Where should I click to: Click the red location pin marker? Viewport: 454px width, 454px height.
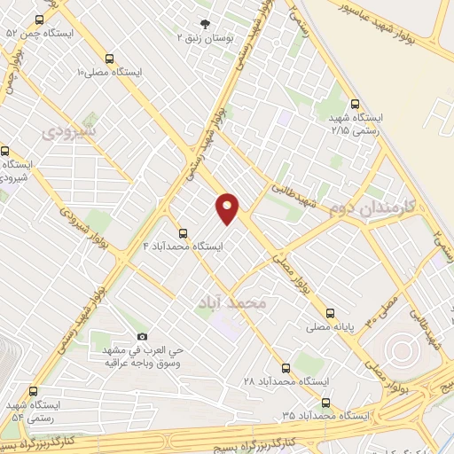(x=228, y=209)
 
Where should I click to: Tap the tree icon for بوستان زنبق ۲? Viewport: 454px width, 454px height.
(x=207, y=25)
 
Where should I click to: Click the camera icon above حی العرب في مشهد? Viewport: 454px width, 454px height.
(x=142, y=336)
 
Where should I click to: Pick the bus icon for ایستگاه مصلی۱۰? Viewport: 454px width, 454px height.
(x=109, y=56)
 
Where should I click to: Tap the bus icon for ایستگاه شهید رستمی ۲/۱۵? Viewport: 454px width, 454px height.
(x=356, y=103)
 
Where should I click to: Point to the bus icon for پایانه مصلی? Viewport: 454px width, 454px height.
(x=330, y=313)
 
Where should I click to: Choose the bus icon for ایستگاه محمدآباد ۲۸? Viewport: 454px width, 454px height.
(x=286, y=366)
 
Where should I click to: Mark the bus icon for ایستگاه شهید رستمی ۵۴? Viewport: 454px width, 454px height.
(x=34, y=391)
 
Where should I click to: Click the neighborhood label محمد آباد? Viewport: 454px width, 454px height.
(x=234, y=303)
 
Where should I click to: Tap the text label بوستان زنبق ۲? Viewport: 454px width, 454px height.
(x=206, y=38)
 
